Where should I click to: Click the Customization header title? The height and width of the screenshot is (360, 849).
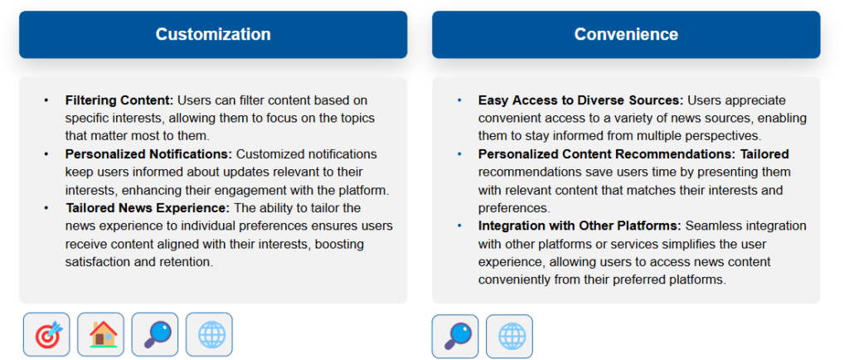tap(213, 35)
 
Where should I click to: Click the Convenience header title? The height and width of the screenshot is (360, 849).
tap(626, 35)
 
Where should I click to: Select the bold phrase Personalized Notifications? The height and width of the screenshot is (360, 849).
tap(149, 154)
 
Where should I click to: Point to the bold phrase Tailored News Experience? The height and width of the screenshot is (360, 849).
tap(148, 208)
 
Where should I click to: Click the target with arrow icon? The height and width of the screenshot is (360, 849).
tap(46, 334)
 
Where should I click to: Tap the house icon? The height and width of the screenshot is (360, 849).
tap(100, 334)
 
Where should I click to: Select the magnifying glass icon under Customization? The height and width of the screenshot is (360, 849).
tap(155, 334)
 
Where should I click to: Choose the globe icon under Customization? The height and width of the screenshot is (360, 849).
tap(209, 334)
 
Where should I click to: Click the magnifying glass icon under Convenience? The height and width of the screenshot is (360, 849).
tap(455, 336)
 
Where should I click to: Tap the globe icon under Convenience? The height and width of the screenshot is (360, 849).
tap(510, 336)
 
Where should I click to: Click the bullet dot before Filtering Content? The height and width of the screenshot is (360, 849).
tap(46, 100)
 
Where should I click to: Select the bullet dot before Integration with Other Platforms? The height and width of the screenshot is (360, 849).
tap(459, 226)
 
